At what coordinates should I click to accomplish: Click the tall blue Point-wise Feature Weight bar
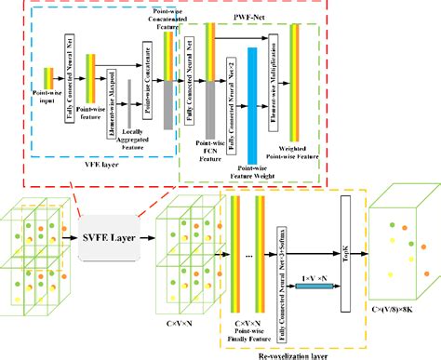[252, 102]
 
